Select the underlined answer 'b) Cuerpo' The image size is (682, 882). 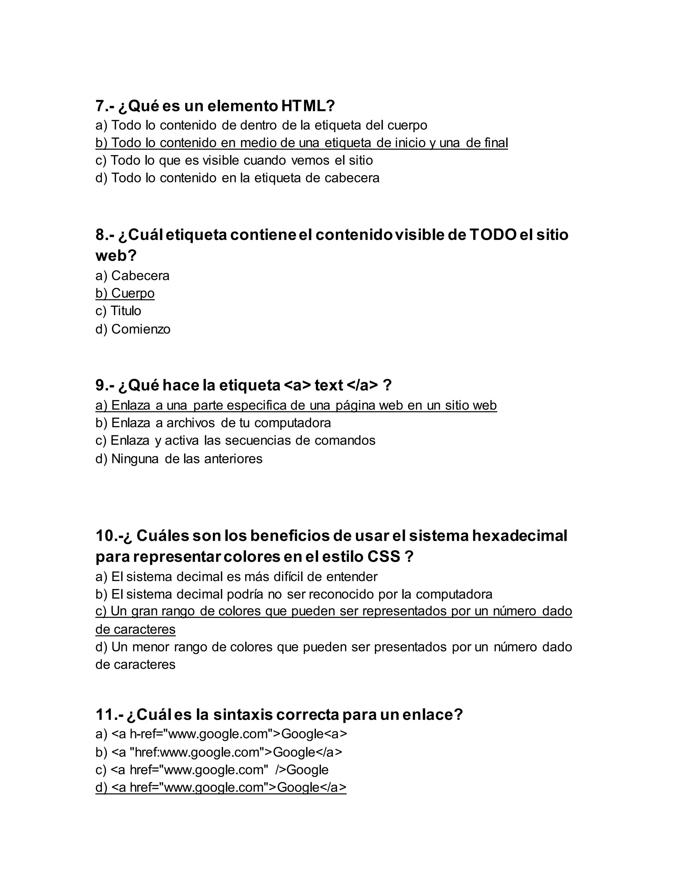tap(125, 293)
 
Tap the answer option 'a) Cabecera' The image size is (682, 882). tap(133, 276)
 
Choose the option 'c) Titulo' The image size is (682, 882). tap(118, 311)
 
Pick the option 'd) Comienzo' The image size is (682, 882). tap(133, 329)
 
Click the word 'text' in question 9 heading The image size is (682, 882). tap(329, 385)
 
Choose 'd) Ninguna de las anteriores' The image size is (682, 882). tap(179, 459)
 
